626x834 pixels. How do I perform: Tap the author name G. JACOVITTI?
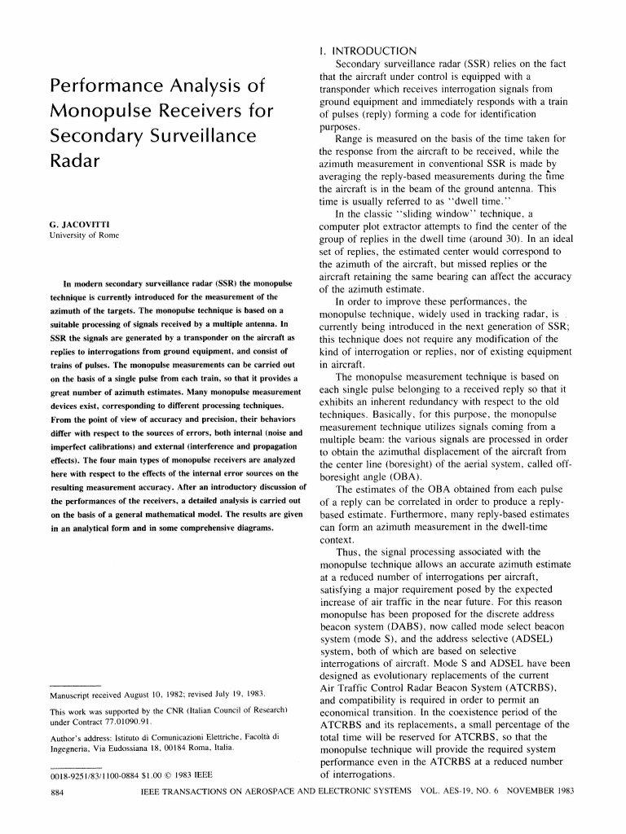coord(80,222)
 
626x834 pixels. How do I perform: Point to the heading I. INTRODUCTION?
coord(368,50)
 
